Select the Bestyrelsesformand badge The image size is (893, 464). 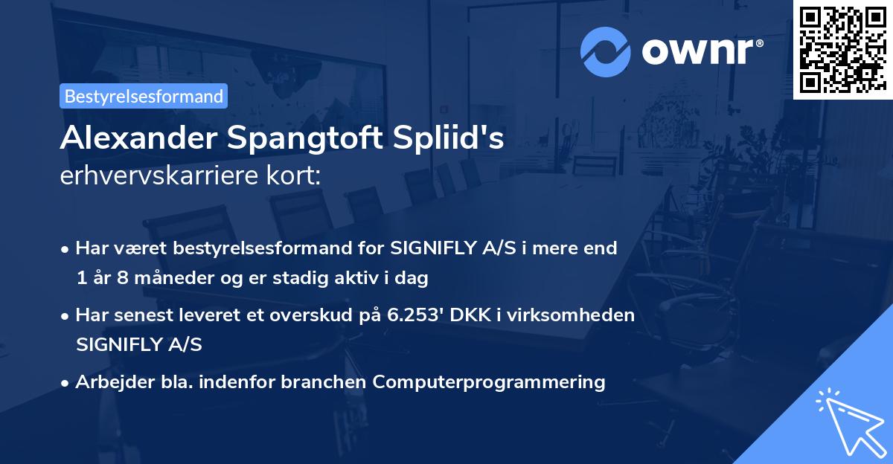(144, 96)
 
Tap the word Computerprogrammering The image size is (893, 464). (489, 382)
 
